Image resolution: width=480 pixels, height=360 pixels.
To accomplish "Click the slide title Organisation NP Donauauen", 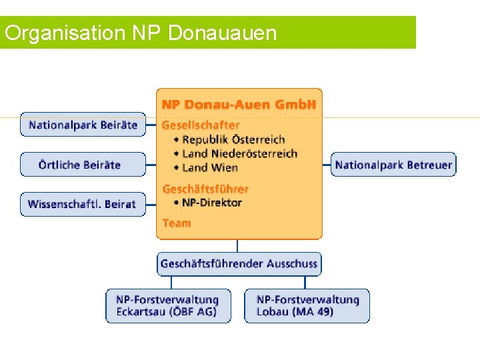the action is (140, 33).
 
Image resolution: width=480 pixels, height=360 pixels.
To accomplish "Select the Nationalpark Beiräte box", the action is (83, 125).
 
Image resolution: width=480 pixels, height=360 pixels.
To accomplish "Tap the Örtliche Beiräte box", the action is (83, 165).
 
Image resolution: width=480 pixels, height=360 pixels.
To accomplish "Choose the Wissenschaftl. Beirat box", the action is (83, 205).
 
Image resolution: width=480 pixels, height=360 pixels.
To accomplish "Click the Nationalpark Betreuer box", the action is (393, 165).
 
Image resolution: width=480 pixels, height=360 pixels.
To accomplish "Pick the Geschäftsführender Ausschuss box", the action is (239, 264).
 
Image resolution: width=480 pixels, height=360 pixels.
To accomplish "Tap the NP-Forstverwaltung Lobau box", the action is (307, 306).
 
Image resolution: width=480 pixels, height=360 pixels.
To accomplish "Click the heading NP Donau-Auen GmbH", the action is (239, 105).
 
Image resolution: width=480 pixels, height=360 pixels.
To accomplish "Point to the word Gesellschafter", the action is (201, 125).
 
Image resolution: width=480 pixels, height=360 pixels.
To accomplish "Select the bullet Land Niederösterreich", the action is (239, 153).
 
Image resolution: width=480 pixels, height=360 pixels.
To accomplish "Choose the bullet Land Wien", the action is (210, 167).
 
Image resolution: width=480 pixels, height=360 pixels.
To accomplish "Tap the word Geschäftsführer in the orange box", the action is (205, 189).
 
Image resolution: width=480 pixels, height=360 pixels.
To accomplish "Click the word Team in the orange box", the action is (177, 223).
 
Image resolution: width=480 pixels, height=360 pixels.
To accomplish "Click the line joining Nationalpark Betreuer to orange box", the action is (327, 165).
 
